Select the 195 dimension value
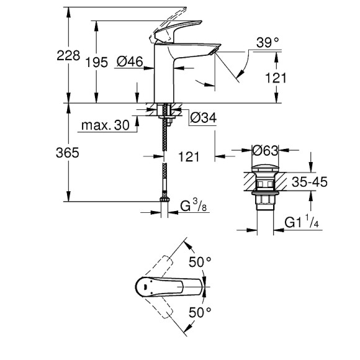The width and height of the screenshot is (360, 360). pos(97,61)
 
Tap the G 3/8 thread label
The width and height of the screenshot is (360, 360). pos(192,205)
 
